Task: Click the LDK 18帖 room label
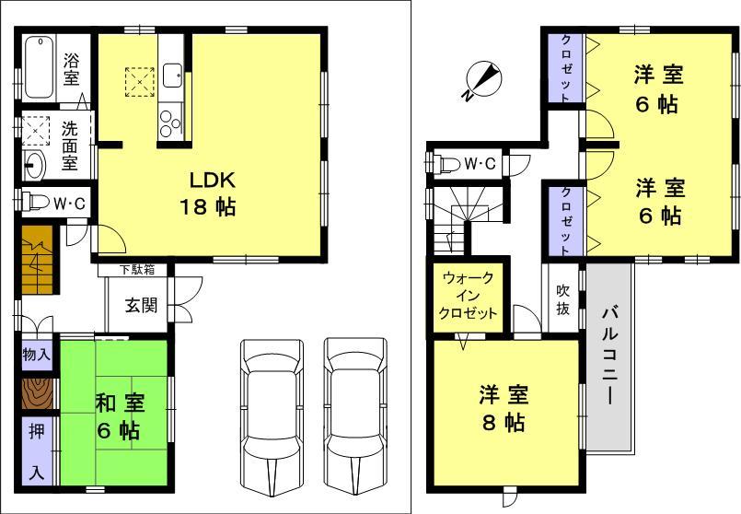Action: pos(214,193)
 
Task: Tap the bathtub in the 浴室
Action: pos(38,67)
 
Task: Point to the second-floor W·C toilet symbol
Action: pos(447,164)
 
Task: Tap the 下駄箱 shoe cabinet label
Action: pos(142,270)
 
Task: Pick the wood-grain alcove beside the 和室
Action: pos(38,393)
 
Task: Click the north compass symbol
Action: pos(483,81)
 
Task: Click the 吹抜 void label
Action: pos(562,299)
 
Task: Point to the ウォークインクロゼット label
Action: pos(468,296)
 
